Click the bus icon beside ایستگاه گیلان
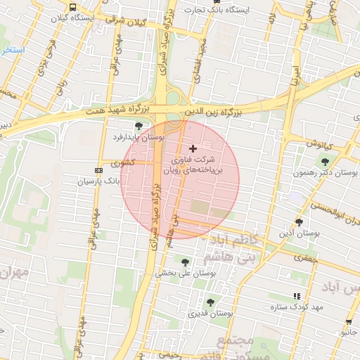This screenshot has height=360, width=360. pos(72,7)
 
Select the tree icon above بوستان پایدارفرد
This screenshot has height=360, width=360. pos(139,127)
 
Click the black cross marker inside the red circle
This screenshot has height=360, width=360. pos(193,148)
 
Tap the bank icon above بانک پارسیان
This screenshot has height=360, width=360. pos(97,171)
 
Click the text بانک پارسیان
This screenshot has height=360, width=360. pos(75,181)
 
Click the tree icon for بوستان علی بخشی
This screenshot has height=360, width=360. pos(185,262)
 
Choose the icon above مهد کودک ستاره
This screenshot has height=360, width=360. pos(297,297)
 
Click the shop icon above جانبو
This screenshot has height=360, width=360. pos(349,323)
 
